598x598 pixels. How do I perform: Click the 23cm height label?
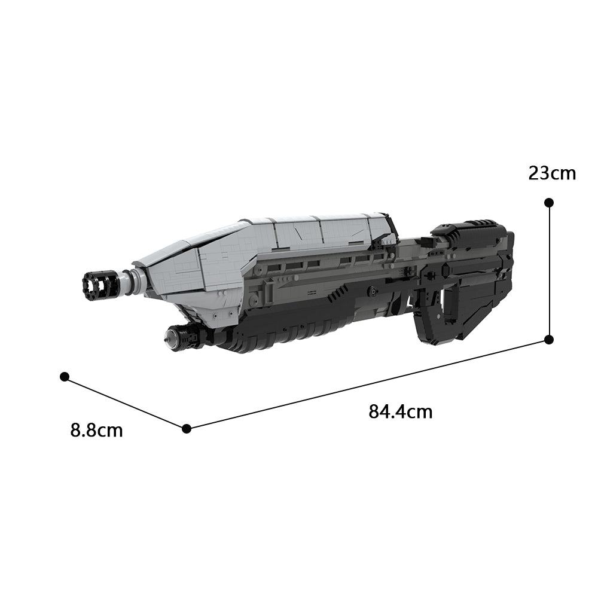(x=552, y=173)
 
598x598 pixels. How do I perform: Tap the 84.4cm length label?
(x=400, y=412)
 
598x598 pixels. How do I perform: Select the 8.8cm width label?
(x=96, y=430)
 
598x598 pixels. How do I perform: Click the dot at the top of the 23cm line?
(x=549, y=203)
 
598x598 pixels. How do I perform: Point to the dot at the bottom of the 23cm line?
(x=549, y=340)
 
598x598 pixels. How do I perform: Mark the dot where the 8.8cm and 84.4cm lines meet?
(x=187, y=428)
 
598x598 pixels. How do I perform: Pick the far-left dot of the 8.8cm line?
(x=65, y=377)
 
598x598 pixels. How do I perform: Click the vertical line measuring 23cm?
(x=549, y=269)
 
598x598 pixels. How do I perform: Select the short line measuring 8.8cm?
(x=126, y=402)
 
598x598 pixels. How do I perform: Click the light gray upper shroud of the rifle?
(x=269, y=239)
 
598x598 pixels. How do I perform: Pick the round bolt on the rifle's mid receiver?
(x=372, y=291)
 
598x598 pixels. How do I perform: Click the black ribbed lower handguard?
(x=281, y=335)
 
